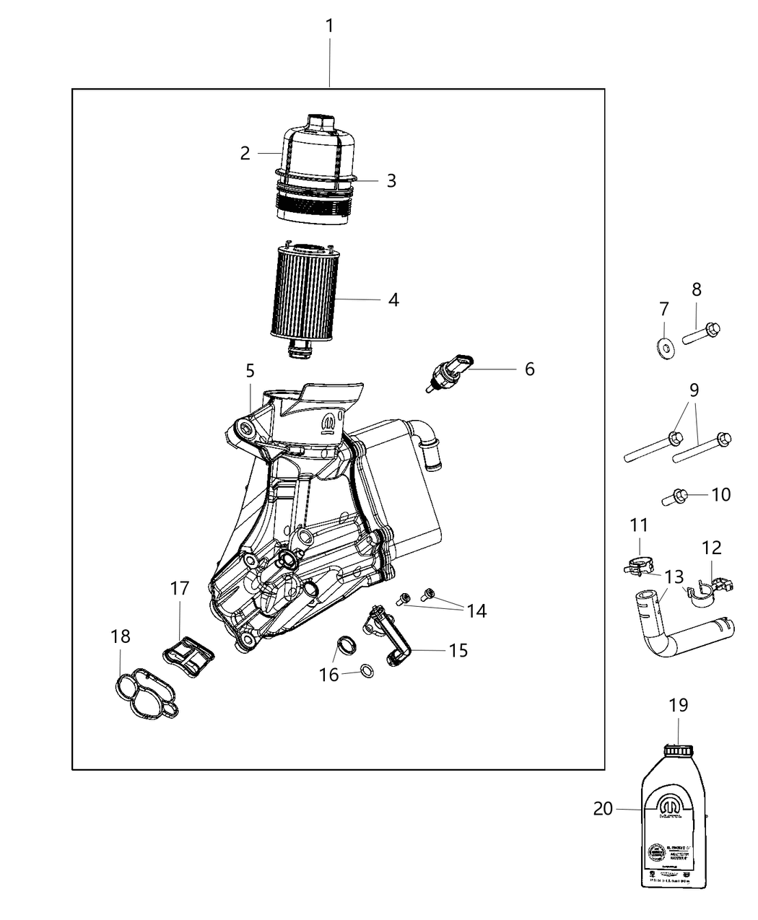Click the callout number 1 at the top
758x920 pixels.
point(329,27)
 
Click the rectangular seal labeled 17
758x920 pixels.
point(189,656)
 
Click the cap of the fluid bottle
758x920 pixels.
point(677,751)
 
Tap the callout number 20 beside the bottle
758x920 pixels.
point(603,809)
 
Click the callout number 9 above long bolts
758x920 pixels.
point(693,390)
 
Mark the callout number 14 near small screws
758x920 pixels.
point(476,611)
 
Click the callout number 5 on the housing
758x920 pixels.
point(250,371)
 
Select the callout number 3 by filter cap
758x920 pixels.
point(391,180)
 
